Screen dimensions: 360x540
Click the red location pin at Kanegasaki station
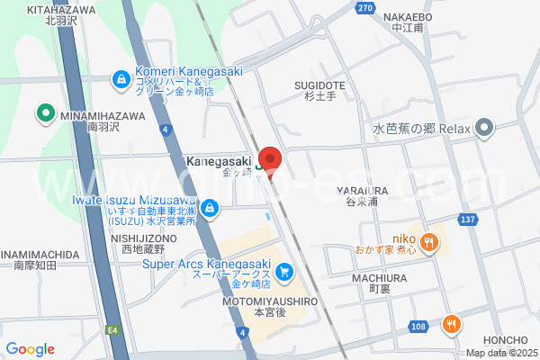[270, 160]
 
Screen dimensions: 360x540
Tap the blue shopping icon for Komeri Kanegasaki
[120, 80]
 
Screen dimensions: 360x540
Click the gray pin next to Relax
[485, 128]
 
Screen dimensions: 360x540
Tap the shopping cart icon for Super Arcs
[284, 271]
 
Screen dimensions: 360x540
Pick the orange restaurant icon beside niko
[430, 241]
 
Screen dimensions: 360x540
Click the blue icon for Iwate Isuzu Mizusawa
[210, 210]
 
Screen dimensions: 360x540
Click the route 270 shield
[364, 8]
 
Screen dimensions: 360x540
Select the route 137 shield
[492, 220]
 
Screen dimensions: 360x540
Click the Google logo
[30, 349]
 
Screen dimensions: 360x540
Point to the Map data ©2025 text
[500, 352]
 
